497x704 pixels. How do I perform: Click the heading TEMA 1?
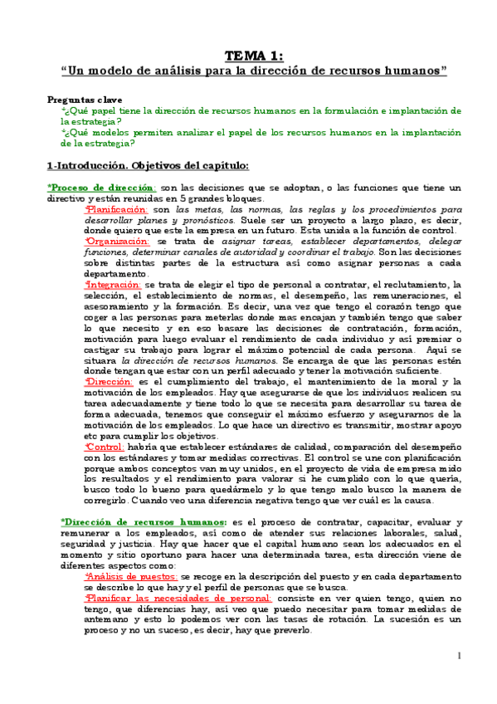[x=255, y=56]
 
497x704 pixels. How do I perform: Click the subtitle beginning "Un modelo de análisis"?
[x=255, y=71]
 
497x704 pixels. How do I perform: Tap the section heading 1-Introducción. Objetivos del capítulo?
[x=148, y=167]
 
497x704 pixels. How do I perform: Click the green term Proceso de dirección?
[x=102, y=188]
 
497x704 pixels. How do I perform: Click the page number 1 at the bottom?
[x=459, y=656]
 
